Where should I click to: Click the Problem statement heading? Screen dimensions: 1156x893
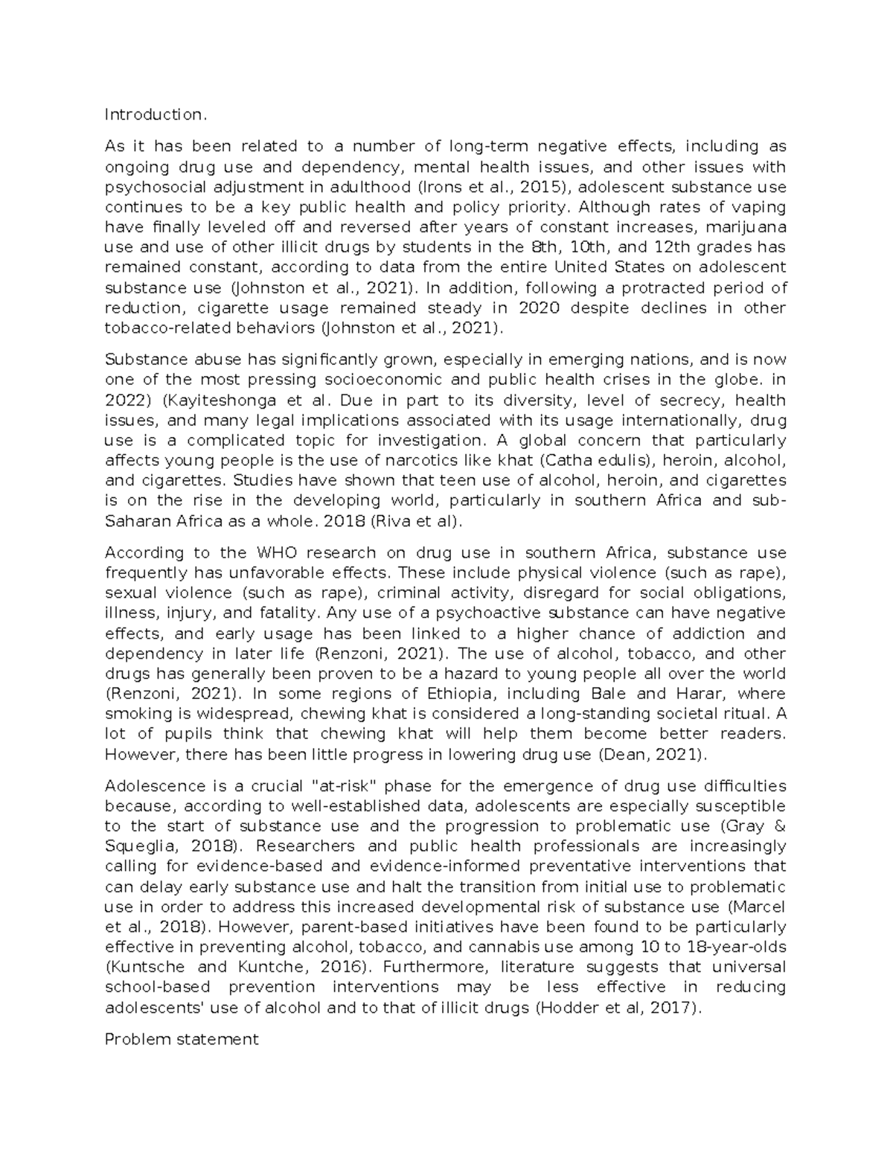pyautogui.click(x=181, y=1039)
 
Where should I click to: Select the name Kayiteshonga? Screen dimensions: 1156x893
pyautogui.click(x=228, y=400)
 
